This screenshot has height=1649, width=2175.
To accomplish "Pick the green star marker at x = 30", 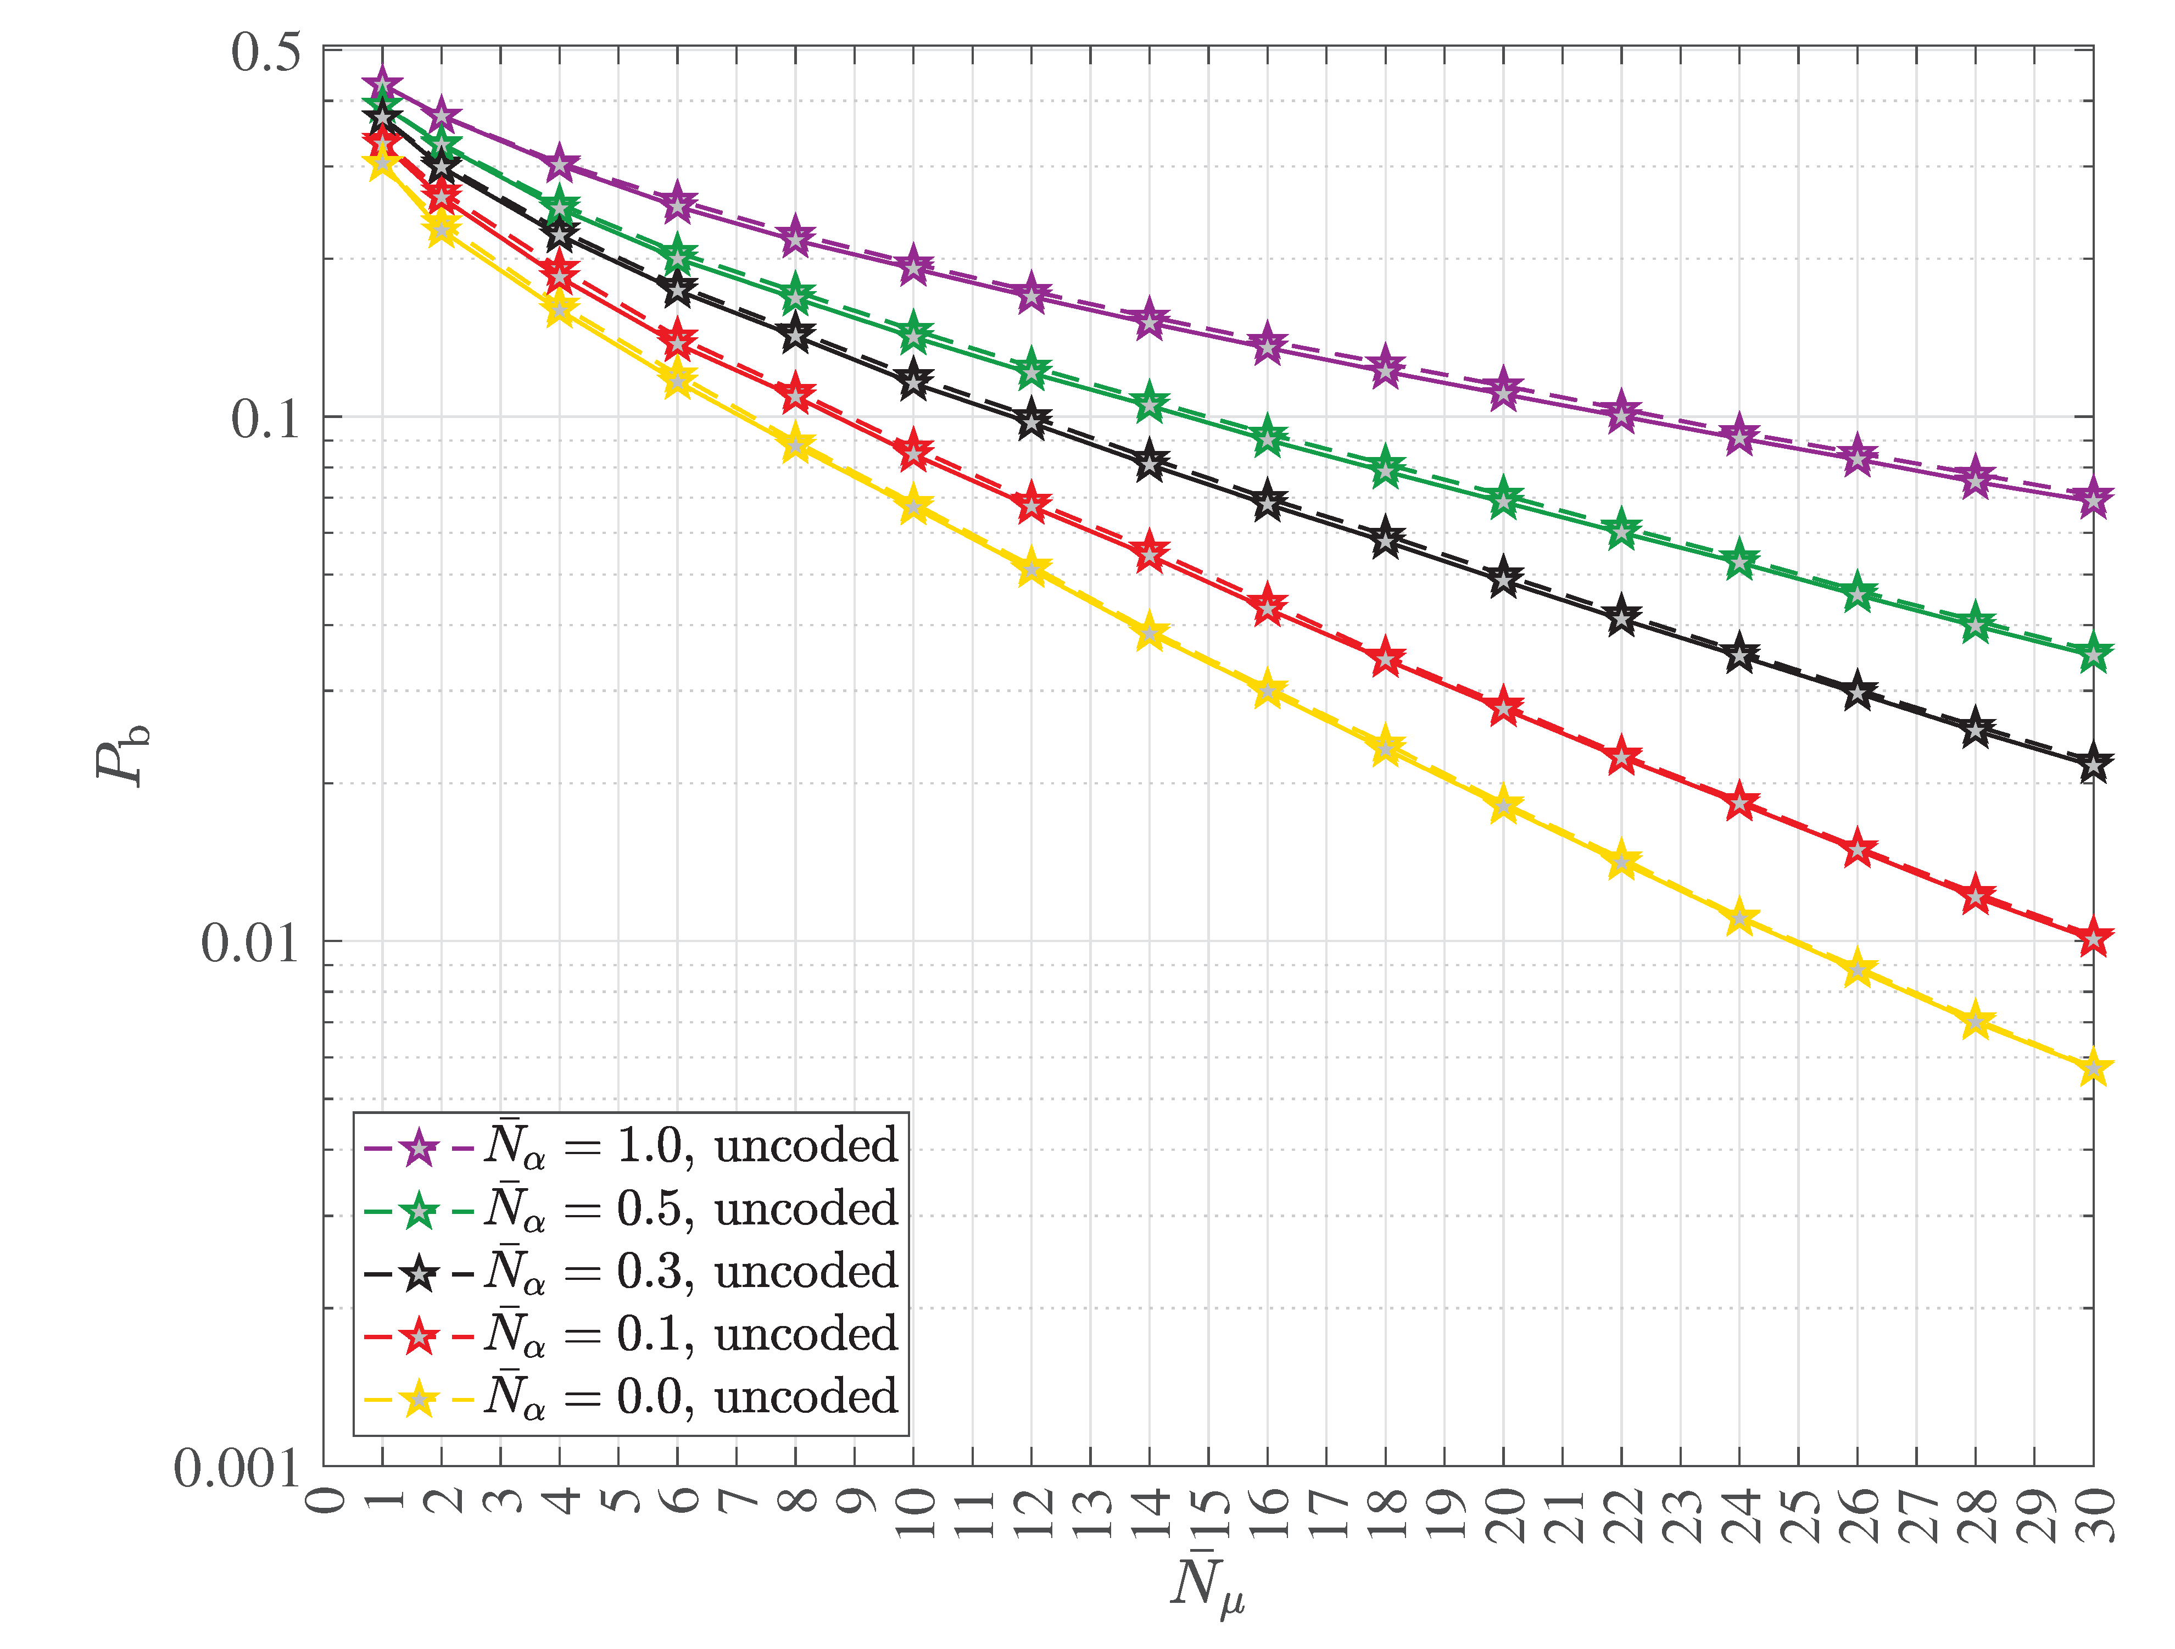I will coord(2093,654).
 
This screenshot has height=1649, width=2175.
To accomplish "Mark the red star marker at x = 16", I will coord(1268,608).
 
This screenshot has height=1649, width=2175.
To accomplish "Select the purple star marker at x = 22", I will coord(1621,414).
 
